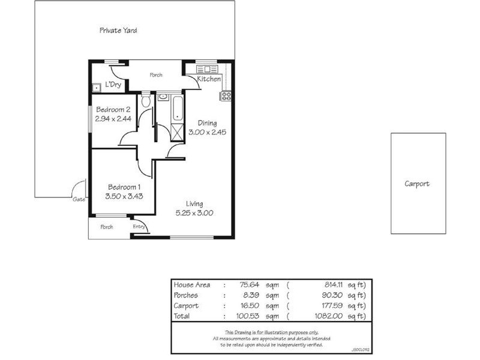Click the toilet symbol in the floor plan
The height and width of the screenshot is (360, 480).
(x=145, y=100)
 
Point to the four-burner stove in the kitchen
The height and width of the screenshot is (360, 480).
(x=227, y=95)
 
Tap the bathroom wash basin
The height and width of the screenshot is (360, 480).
(x=163, y=96)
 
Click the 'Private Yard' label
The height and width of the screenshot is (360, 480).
(x=118, y=30)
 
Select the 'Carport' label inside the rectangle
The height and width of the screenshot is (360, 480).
(x=417, y=184)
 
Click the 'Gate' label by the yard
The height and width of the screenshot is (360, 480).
(x=79, y=200)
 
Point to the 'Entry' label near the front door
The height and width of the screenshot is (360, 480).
(x=139, y=226)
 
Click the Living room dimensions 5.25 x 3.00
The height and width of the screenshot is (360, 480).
(x=194, y=212)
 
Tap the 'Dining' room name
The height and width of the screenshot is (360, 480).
(x=203, y=123)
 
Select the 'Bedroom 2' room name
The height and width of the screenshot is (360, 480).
(x=113, y=110)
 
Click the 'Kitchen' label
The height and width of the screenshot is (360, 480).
(x=209, y=79)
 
